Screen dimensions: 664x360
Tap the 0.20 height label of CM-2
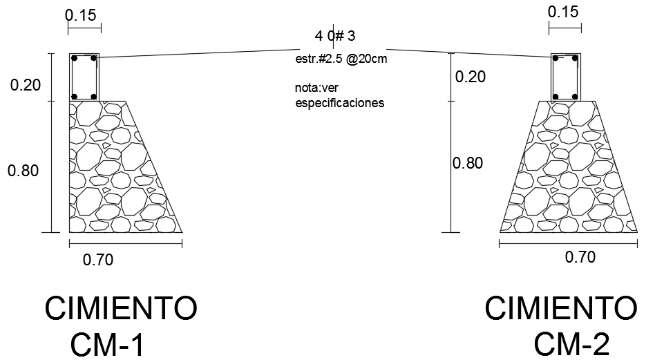click(470, 77)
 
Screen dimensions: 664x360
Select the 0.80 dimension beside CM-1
click(23, 171)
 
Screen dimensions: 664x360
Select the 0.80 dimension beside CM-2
click(468, 164)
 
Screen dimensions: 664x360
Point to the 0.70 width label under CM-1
click(97, 260)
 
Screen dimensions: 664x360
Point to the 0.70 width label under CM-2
click(580, 258)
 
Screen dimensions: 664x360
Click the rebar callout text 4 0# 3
click(335, 36)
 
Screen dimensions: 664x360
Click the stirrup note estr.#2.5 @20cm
click(341, 59)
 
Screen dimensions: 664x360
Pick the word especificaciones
click(339, 104)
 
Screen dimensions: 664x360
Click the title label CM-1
click(108, 344)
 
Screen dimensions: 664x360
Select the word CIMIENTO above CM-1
click(122, 308)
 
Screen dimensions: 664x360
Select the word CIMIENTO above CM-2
click(561, 307)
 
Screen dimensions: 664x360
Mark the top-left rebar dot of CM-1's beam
click(75, 59)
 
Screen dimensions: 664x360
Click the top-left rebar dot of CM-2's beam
click(556, 59)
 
